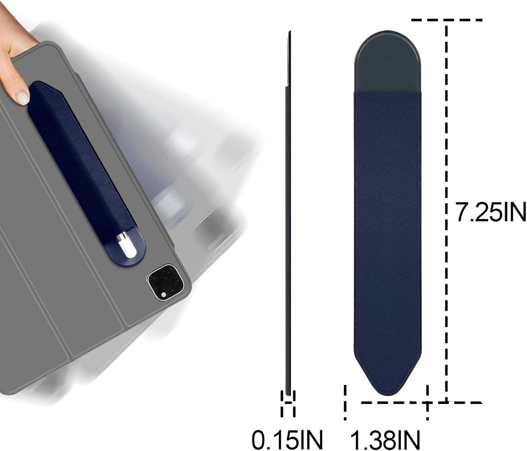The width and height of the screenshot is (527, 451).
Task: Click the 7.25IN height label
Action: coord(490,212)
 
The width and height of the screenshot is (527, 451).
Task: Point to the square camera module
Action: coord(166,283)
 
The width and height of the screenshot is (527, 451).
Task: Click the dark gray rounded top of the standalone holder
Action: coord(387,66)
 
